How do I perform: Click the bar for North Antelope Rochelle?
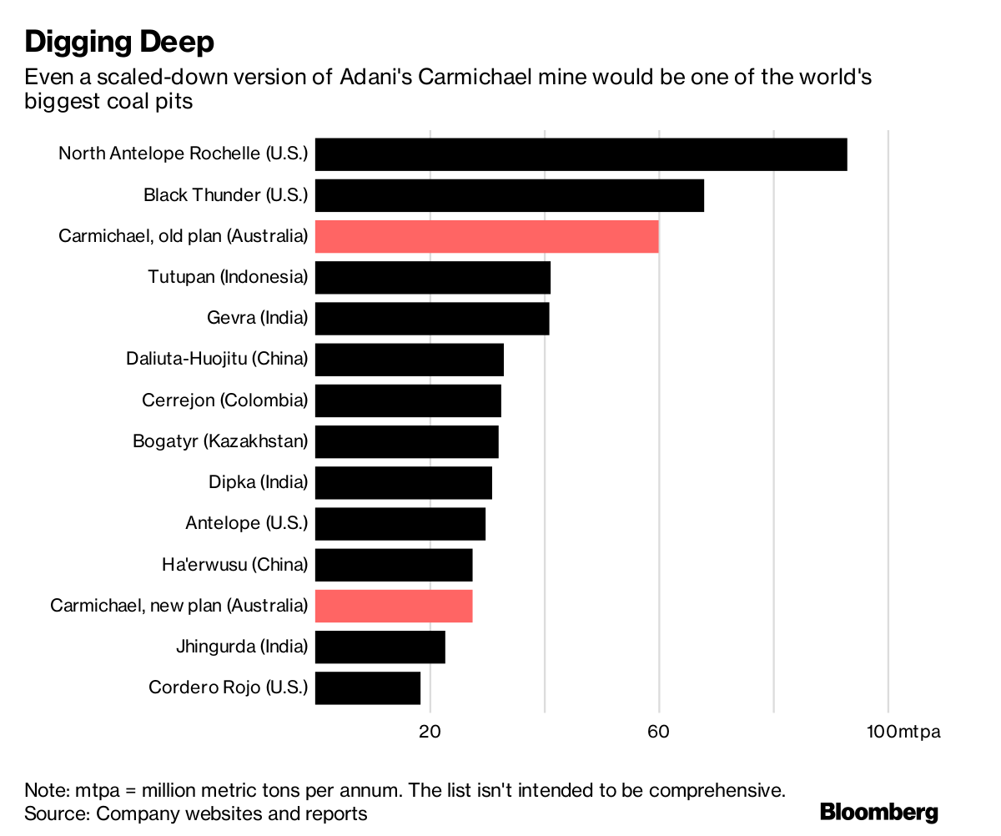pos(581,154)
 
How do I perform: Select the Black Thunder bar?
pos(509,195)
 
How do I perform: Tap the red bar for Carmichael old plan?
pos(486,236)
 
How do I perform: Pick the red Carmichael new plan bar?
pos(394,606)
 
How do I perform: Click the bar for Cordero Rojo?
pos(367,687)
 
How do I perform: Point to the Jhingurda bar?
pos(380,647)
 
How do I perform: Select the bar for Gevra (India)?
pos(432,319)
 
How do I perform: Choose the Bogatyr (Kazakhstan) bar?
pos(406,441)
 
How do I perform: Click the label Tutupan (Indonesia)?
pos(228,277)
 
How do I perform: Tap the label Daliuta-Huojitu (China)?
pos(217,360)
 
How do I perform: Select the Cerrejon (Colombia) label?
pos(224,400)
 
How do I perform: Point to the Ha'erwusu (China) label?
pos(234,565)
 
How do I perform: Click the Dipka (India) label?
pos(258,482)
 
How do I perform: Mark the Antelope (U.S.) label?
pos(246,524)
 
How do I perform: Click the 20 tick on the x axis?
pos(430,732)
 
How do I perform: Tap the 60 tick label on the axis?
pos(659,732)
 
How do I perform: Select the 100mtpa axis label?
pos(903,732)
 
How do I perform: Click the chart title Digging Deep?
pos(119,41)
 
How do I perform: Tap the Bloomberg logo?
pos(879,812)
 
